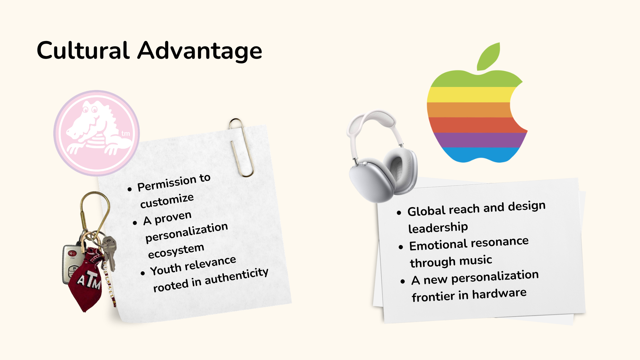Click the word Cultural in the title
83,50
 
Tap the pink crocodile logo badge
97,133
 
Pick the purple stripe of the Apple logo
480,140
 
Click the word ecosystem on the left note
176,251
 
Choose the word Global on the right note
427,211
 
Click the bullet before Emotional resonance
401,247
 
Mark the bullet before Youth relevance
143,273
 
